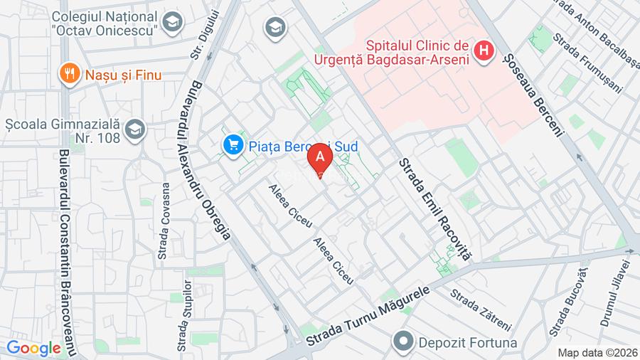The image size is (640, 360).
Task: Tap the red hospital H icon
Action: pos(484,51)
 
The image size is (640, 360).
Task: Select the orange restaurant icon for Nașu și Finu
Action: pos(69,74)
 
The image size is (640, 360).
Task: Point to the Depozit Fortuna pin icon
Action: pos(404,342)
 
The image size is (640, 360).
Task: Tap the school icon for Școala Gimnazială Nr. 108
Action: pos(134,130)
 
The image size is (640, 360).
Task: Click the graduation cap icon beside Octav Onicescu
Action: pos(172,23)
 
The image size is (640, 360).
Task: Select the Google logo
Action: pos(33,349)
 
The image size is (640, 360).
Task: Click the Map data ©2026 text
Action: pos(597,352)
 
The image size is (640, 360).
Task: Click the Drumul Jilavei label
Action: pos(616,292)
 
